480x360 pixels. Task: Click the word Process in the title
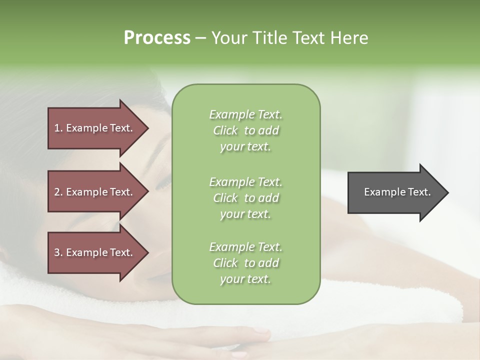pos(157,38)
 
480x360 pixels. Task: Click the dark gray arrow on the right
pos(395,192)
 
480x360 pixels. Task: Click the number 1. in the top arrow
pos(58,128)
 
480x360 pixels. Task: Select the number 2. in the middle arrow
pos(58,192)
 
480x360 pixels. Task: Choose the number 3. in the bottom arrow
pos(58,252)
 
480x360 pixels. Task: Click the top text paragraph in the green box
pos(245,130)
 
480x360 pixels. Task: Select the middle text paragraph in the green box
pos(245,198)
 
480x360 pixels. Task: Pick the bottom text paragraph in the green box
pos(245,263)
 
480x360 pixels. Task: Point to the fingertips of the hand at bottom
pos(262,334)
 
